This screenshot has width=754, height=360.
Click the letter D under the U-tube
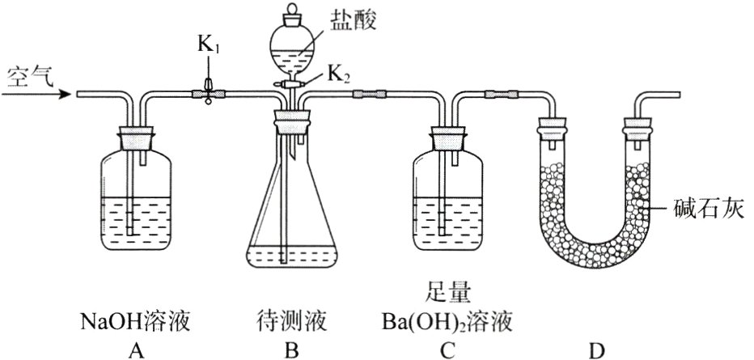tap(597, 349)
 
